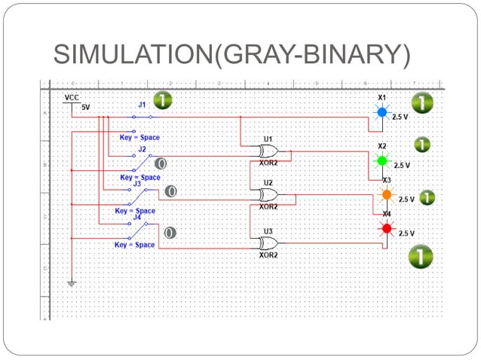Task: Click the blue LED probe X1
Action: pyautogui.click(x=381, y=112)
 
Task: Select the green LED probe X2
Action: pyautogui.click(x=381, y=160)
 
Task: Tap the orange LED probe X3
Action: pyautogui.click(x=387, y=194)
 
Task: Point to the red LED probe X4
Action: pyautogui.click(x=387, y=228)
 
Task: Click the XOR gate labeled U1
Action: pyautogui.click(x=268, y=151)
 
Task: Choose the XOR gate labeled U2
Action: pyautogui.click(x=268, y=194)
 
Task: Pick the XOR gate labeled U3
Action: pyautogui.click(x=268, y=243)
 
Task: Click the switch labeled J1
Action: pyautogui.click(x=141, y=117)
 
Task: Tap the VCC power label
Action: pyautogui.click(x=72, y=98)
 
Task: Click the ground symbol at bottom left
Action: pyautogui.click(x=72, y=283)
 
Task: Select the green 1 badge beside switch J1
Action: pyautogui.click(x=161, y=100)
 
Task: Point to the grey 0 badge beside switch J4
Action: pyautogui.click(x=170, y=233)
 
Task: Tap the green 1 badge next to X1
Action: pyautogui.click(x=421, y=103)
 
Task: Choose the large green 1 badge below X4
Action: pyautogui.click(x=420, y=257)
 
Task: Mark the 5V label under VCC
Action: pyautogui.click(x=85, y=108)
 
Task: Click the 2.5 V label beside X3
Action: pyautogui.click(x=406, y=200)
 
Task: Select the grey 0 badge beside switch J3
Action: pyautogui.click(x=171, y=191)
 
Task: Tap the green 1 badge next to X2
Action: pyautogui.click(x=422, y=144)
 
